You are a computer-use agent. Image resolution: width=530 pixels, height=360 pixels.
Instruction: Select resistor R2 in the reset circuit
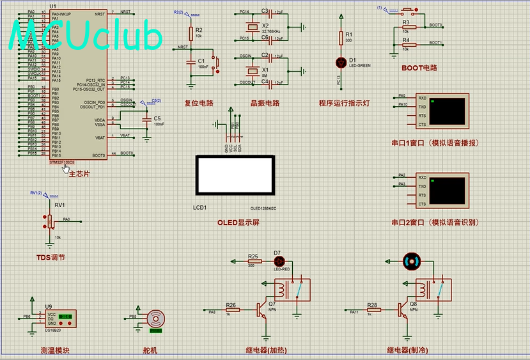(x=190, y=33)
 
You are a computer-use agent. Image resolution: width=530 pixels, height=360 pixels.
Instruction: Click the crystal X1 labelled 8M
(x=253, y=69)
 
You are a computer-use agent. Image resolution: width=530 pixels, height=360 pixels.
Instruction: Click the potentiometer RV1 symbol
(x=51, y=221)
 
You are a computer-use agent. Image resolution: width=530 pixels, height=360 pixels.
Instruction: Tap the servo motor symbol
(x=155, y=320)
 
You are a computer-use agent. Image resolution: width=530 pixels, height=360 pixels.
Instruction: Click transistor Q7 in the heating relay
(x=262, y=309)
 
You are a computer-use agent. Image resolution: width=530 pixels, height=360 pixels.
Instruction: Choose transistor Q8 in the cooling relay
(x=404, y=309)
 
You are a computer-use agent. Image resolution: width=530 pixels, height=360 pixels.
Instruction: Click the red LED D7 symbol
(x=279, y=262)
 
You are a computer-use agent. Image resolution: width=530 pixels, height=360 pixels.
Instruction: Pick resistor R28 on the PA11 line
(x=373, y=309)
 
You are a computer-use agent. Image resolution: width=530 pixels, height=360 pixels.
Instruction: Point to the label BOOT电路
(x=419, y=67)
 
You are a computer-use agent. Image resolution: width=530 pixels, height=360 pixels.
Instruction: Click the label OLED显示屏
(x=238, y=223)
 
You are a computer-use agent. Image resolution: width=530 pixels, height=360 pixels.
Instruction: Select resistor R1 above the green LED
(x=340, y=39)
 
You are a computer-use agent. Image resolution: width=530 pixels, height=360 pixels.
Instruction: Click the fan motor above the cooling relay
(x=412, y=261)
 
